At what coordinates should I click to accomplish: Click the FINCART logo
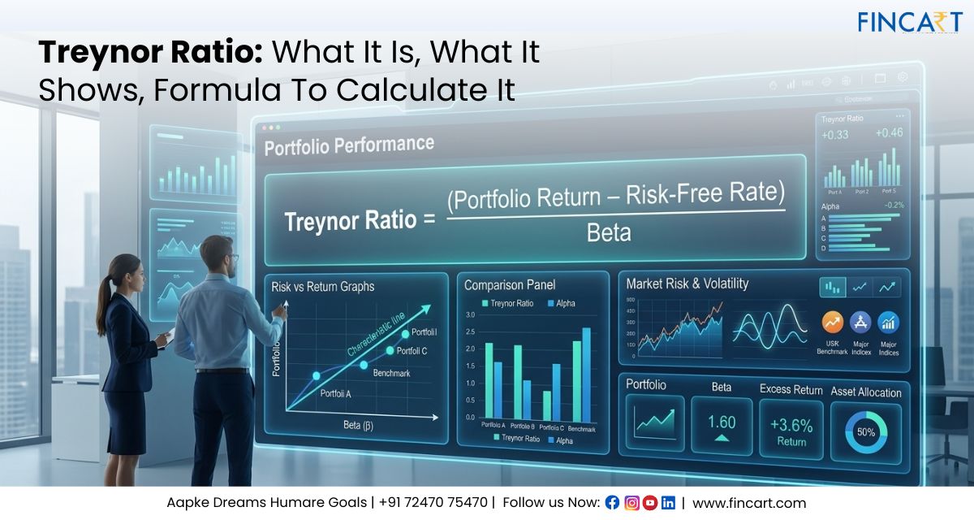pyautogui.click(x=910, y=22)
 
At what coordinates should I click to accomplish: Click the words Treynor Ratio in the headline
pyautogui.click(x=146, y=53)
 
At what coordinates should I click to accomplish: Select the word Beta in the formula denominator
pyautogui.click(x=609, y=233)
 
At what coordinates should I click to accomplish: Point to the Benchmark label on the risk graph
pyautogui.click(x=391, y=373)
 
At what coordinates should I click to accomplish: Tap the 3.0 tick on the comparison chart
pyautogui.click(x=470, y=314)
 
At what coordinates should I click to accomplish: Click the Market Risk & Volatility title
pyautogui.click(x=687, y=284)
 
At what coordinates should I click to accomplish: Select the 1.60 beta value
pyautogui.click(x=722, y=422)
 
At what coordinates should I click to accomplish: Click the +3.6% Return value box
pyautogui.click(x=791, y=427)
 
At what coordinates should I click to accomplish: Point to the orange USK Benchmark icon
pyautogui.click(x=832, y=323)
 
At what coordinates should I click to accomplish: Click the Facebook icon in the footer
pyautogui.click(x=612, y=503)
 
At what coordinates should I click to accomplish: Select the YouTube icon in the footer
pyautogui.click(x=649, y=503)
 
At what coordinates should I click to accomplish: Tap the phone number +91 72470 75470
pyautogui.click(x=434, y=503)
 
